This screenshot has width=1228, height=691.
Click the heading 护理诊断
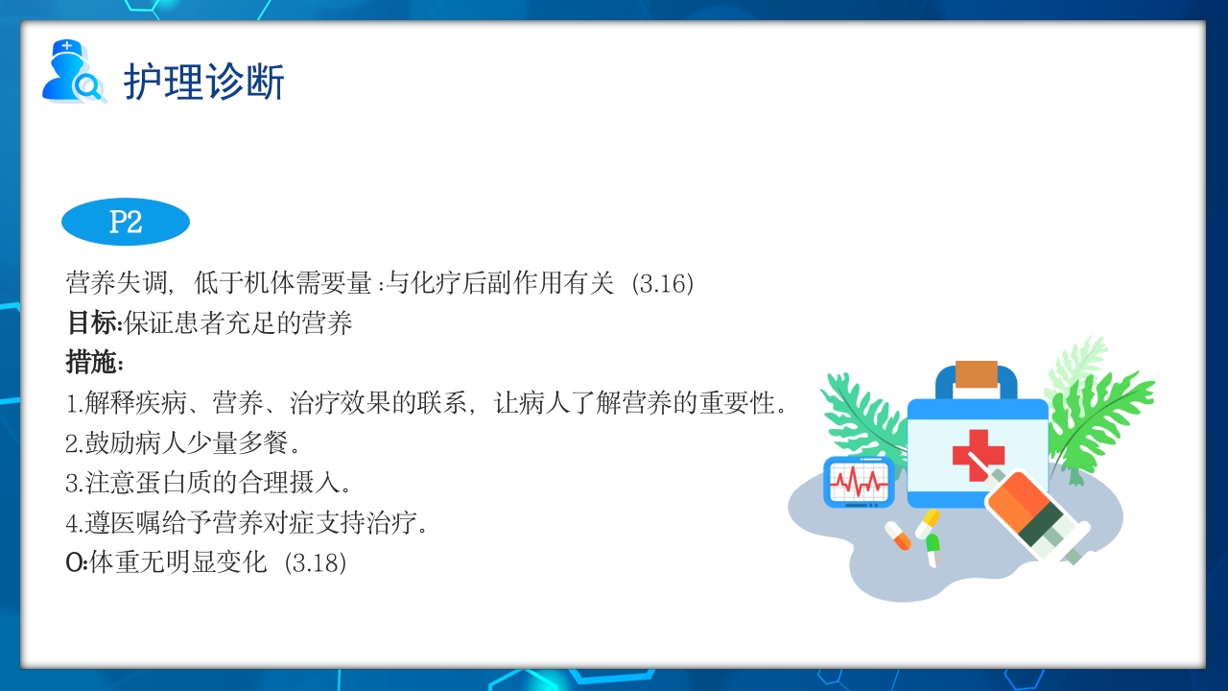(203, 82)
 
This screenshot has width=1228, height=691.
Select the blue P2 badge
(126, 223)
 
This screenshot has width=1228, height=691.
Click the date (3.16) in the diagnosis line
(663, 284)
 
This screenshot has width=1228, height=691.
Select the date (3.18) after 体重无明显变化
(316, 563)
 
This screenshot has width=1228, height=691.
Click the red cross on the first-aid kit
(978, 455)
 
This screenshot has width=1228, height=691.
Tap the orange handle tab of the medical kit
(977, 374)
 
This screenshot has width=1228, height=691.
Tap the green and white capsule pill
(933, 550)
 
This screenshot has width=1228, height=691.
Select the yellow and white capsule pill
(927, 523)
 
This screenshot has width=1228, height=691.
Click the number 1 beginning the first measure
(71, 404)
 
